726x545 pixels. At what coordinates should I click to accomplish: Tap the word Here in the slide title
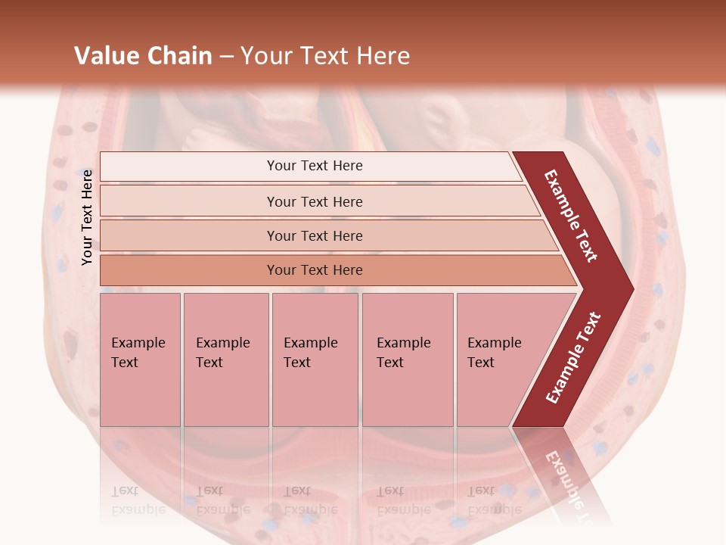pos(383,56)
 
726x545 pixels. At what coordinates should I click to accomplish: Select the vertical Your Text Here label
pos(87,217)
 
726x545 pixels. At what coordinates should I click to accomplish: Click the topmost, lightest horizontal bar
pos(314,166)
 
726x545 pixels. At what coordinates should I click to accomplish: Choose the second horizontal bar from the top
pos(314,201)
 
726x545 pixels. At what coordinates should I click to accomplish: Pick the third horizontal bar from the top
pos(314,235)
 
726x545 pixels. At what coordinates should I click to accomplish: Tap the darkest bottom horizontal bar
pos(314,270)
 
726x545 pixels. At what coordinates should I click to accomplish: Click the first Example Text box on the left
pos(140,360)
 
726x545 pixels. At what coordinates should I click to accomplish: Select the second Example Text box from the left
pos(225,360)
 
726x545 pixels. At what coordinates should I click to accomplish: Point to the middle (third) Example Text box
pos(314,360)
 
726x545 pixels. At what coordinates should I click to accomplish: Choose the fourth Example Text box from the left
pos(407,360)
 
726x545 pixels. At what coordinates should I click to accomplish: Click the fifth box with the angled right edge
pos(499,360)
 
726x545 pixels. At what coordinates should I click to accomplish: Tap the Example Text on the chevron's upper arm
pos(571,216)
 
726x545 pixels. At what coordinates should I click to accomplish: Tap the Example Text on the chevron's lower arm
pos(573,357)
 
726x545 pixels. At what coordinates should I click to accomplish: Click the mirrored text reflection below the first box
pos(138,500)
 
